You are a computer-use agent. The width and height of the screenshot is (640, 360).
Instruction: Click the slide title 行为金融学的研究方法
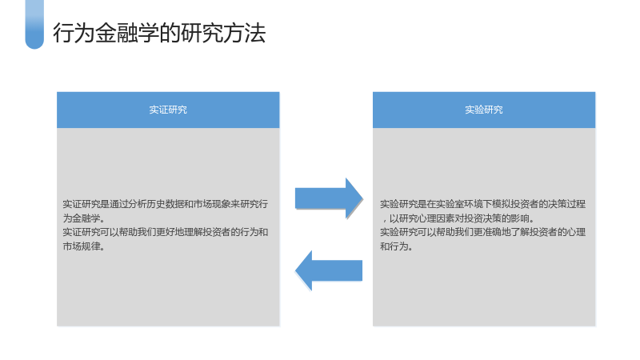pyautogui.click(x=159, y=33)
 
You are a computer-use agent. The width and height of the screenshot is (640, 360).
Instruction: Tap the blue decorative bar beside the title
pyautogui.click(x=34, y=25)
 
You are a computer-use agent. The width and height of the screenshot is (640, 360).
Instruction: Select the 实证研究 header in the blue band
pyautogui.click(x=168, y=110)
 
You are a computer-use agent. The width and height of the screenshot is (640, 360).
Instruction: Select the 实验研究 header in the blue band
pyautogui.click(x=484, y=110)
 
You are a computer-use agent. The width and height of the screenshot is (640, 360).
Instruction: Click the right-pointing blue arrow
pyautogui.click(x=329, y=198)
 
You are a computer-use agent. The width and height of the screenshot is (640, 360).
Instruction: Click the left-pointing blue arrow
pyautogui.click(x=329, y=270)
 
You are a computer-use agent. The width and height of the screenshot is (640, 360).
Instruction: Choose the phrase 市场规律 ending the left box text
pyautogui.click(x=81, y=246)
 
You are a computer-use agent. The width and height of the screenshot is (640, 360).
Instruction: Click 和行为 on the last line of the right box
pyautogui.click(x=394, y=246)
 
